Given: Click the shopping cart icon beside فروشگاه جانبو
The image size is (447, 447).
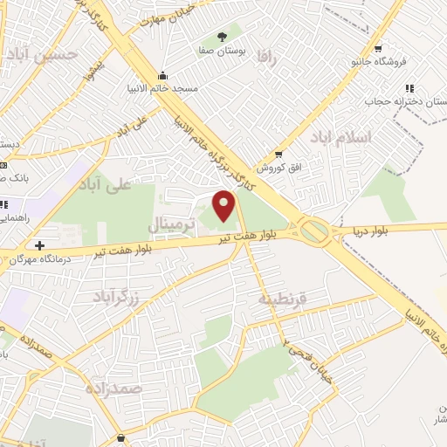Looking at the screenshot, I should click(377, 49).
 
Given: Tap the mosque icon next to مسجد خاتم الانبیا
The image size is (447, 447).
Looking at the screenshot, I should click(162, 76).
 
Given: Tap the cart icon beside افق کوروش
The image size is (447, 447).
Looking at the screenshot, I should click(278, 154).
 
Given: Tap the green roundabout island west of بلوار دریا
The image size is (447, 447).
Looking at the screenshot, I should click(314, 231).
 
